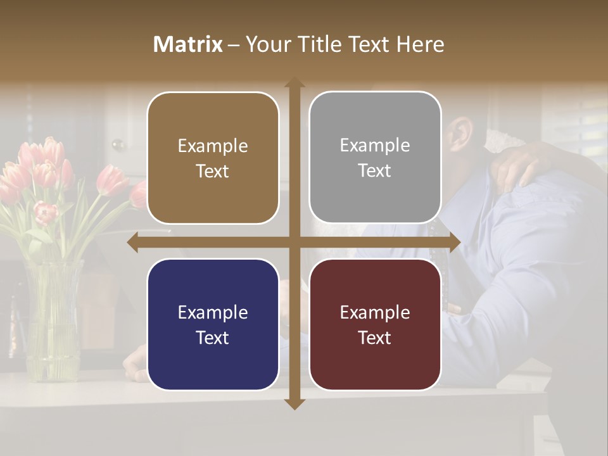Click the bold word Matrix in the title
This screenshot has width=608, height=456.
pos(188,44)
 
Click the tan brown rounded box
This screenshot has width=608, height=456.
pos(213,158)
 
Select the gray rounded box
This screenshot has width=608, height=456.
pos(375,158)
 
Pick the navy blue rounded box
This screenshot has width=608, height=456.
pos(213,324)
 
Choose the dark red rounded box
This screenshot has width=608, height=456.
pos(375,324)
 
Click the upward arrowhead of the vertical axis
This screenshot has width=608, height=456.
pos(294,83)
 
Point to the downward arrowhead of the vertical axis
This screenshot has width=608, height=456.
pos(294,404)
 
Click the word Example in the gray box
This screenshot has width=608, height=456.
pos(375,146)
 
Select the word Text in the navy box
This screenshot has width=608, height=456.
pos(213,338)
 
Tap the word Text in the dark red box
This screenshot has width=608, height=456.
pos(375,338)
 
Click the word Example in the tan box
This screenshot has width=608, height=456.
pos(213,146)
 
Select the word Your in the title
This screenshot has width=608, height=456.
pos(265,44)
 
